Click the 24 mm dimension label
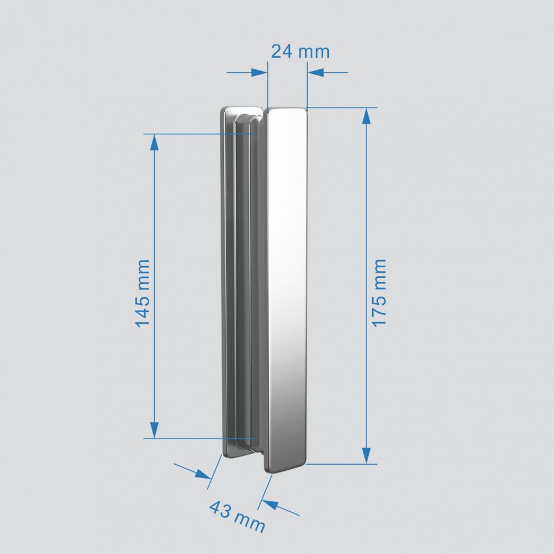pos(300,52)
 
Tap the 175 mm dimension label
pos(379,292)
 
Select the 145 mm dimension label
pos(143,292)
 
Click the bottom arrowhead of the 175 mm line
pos(366,456)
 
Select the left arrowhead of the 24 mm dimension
pos(259,73)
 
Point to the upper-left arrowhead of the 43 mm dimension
pos(203,474)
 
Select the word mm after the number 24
pos(314,52)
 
